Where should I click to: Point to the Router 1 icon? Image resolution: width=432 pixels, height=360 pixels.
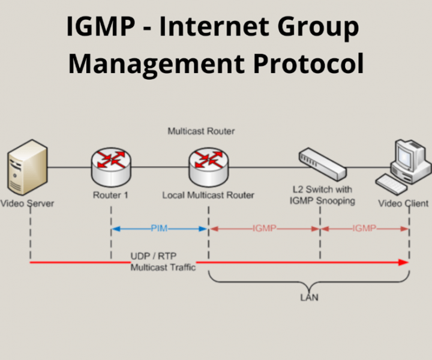111,167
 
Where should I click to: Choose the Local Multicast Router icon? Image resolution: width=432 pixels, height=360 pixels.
208,167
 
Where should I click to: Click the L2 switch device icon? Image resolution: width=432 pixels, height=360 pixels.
322,163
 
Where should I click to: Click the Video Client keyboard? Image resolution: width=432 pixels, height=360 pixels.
392,182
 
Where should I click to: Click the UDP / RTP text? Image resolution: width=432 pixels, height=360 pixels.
150,256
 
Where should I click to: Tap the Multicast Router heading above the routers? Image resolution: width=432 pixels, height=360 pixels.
201,131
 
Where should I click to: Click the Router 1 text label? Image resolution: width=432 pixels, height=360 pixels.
110,195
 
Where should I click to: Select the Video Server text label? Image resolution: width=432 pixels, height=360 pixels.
27,203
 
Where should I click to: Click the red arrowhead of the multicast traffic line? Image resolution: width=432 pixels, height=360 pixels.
404,262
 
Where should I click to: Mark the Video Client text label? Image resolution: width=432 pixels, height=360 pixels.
403,203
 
